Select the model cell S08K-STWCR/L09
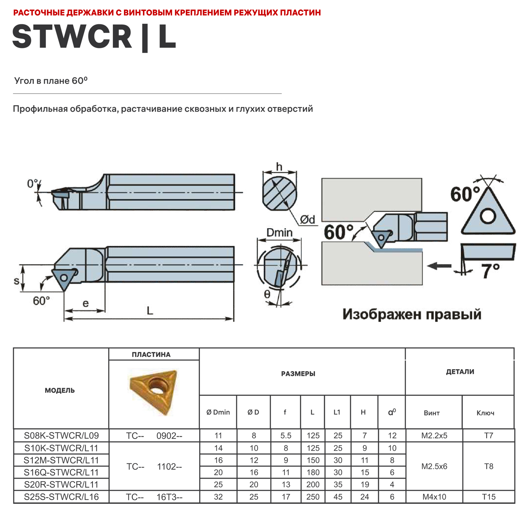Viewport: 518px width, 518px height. [61, 435]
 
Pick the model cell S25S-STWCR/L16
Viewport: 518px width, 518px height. [61, 497]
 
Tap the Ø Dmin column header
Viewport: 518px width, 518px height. [218, 412]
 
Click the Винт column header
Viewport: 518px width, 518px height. [432, 413]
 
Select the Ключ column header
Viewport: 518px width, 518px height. [485, 413]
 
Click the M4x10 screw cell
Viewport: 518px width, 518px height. [434, 497]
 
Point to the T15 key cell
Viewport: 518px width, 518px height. [489, 497]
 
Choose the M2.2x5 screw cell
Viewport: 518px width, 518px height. [434, 435]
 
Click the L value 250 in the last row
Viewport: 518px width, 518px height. [313, 497]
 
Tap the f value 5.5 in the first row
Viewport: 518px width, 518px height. [286, 435]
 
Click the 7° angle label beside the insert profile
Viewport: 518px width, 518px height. [490, 270]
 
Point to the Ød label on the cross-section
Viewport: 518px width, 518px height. [307, 219]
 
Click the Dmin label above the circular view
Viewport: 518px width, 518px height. [279, 232]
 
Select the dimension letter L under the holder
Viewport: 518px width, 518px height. [150, 310]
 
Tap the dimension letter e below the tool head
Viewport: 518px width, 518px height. [85, 303]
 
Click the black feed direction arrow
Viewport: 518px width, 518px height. [439, 266]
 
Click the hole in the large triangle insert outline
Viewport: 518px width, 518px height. [488, 217]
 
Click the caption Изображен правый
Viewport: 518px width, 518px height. [412, 314]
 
